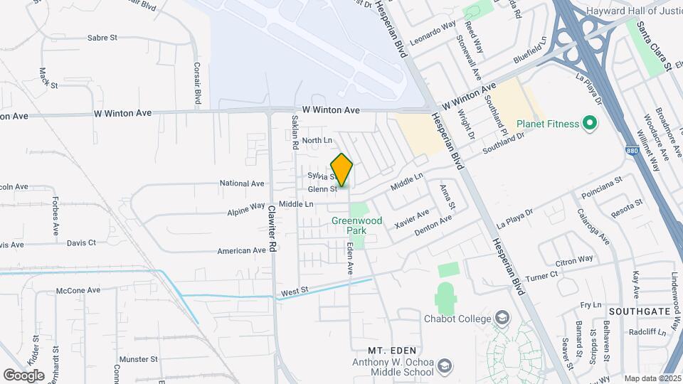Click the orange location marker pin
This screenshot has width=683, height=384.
pyautogui.click(x=342, y=170)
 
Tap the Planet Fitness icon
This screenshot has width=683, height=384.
pyautogui.click(x=589, y=124)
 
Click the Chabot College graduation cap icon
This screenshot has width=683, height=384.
pyautogui.click(x=502, y=317)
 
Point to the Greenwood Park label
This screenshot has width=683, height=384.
pyautogui.click(x=356, y=225)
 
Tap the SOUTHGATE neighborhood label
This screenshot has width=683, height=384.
pyautogui.click(x=635, y=311)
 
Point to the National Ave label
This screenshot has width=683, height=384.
pyautogui.click(x=242, y=183)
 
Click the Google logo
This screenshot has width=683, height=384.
pyautogui.click(x=23, y=375)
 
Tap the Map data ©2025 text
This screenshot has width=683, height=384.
pyautogui.click(x=652, y=378)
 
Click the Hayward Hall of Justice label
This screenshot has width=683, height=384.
pyautogui.click(x=635, y=12)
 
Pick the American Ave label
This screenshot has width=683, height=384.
pyautogui.click(x=241, y=250)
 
